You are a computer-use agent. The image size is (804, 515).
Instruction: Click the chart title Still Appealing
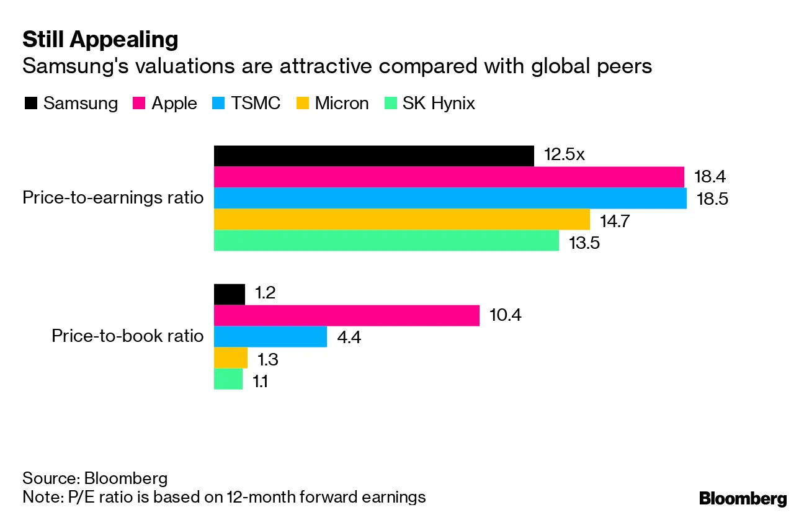pyautogui.click(x=100, y=40)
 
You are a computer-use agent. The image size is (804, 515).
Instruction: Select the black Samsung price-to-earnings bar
pyautogui.click(x=373, y=156)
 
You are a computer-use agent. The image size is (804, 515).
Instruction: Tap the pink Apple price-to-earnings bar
pyautogui.click(x=449, y=177)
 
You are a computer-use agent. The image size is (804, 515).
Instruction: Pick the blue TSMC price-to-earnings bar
pyautogui.click(x=450, y=198)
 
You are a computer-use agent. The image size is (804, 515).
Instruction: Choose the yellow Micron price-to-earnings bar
pyautogui.click(x=401, y=219)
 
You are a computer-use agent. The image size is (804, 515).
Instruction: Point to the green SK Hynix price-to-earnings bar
pyautogui.click(x=386, y=240)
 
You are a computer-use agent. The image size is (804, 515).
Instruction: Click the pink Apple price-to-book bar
pyautogui.click(x=346, y=315)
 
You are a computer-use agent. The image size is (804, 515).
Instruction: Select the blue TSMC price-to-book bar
pyautogui.click(x=270, y=336)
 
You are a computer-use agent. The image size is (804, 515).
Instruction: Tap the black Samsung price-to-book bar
pyautogui.click(x=229, y=294)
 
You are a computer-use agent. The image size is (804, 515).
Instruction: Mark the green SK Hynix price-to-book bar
pyautogui.click(x=228, y=379)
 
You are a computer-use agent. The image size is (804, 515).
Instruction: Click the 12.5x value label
pyautogui.click(x=564, y=155)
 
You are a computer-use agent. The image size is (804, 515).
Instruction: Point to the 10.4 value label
pyautogui.click(x=505, y=315)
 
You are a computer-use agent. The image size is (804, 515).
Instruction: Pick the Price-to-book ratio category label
pyautogui.click(x=127, y=336)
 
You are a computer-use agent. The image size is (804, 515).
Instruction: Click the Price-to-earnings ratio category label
pyautogui.click(x=113, y=198)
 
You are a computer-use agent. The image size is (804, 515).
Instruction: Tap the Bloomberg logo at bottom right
pyautogui.click(x=743, y=498)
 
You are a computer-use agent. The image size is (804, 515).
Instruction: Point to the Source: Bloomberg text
pyautogui.click(x=95, y=478)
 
